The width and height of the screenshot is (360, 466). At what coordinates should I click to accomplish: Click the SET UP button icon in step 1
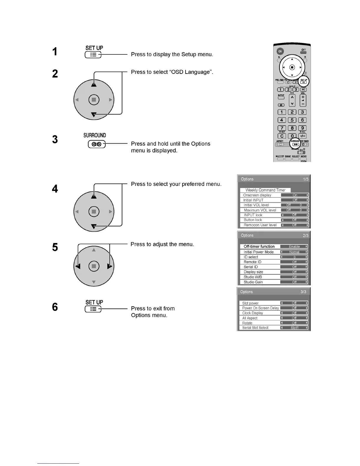pyautogui.click(x=93, y=55)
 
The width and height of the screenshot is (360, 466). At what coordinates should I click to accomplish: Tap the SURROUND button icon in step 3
pyautogui.click(x=96, y=144)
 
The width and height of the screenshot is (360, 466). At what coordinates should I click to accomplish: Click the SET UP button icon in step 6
pyautogui.click(x=93, y=309)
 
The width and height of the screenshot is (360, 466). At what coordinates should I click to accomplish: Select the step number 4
pyautogui.click(x=55, y=189)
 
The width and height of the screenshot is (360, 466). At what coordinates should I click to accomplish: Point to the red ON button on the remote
pyautogui.click(x=280, y=51)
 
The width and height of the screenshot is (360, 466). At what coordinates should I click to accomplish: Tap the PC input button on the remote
pyautogui.click(x=303, y=89)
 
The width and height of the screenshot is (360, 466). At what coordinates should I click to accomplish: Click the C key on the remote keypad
pyautogui.click(x=282, y=136)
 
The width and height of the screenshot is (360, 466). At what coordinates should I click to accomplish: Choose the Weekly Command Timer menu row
pyautogui.click(x=265, y=190)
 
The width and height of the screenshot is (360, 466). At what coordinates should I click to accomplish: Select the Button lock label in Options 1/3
pyautogui.click(x=253, y=220)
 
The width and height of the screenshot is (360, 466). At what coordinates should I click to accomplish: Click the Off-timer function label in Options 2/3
pyautogui.click(x=259, y=247)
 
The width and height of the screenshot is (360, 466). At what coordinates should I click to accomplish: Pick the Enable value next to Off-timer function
pyautogui.click(x=294, y=247)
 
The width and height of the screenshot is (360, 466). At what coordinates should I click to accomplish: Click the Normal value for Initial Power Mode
pyautogui.click(x=294, y=252)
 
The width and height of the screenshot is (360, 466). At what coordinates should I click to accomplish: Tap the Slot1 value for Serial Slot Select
pyautogui.click(x=294, y=328)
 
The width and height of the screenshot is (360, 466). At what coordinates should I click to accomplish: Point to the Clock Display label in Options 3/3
pyautogui.click(x=253, y=313)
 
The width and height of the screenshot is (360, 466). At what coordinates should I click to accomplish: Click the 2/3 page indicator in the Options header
pyautogui.click(x=306, y=236)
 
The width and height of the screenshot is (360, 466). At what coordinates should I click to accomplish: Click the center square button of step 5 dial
pyautogui.click(x=94, y=267)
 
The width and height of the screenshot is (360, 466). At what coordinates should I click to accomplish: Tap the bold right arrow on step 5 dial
pyautogui.click(x=110, y=267)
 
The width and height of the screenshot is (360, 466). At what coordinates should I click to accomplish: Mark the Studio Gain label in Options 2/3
pyautogui.click(x=253, y=282)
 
